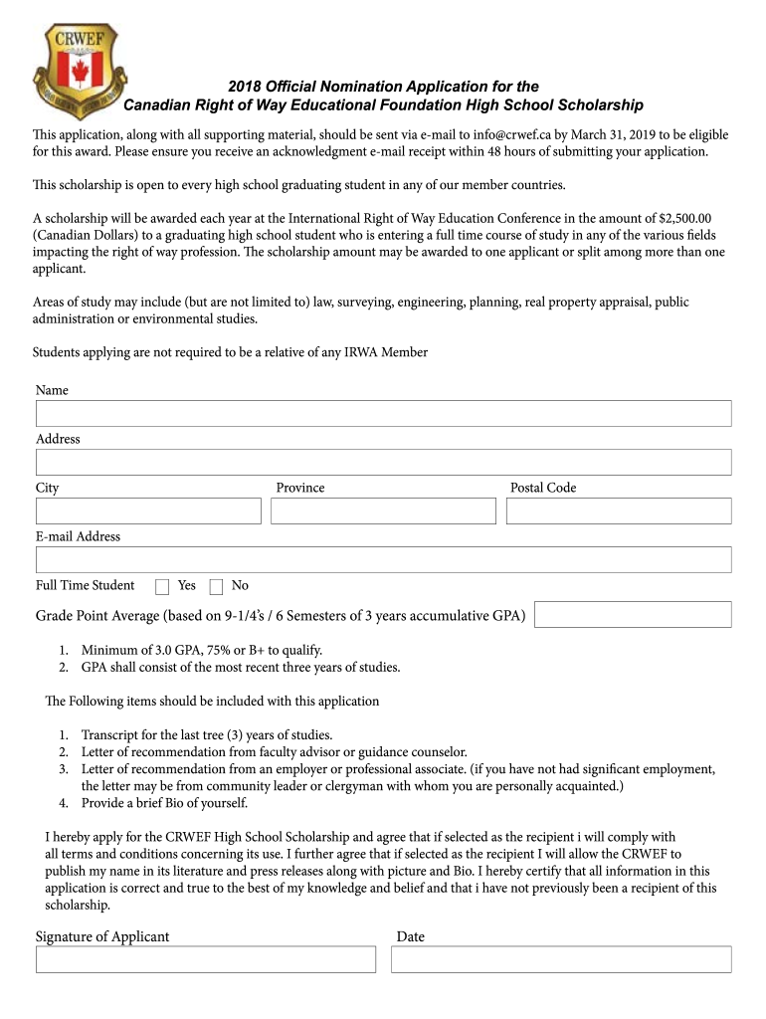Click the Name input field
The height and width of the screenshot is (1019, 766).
383,413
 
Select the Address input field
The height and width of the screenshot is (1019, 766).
383,462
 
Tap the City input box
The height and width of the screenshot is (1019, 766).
148,510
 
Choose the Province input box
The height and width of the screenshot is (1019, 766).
383,510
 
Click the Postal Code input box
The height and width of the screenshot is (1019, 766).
618,510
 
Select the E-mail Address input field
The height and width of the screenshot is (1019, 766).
383,559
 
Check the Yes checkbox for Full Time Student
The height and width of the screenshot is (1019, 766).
163,586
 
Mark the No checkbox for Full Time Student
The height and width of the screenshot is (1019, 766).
216,586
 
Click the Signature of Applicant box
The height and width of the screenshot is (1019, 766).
206,959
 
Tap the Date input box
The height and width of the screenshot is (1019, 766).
561,959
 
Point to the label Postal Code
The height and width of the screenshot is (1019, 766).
543,488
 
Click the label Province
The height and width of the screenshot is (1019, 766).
300,488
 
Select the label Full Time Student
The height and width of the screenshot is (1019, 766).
86,585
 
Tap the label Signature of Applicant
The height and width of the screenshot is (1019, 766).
102,936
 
